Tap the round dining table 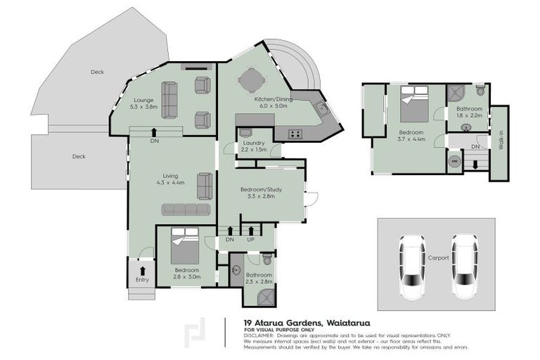(x=250, y=82)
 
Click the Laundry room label (x=253, y=142)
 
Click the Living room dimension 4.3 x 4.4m (x=171, y=183)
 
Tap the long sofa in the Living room (x=186, y=210)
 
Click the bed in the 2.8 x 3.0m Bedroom (x=186, y=246)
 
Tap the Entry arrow (x=143, y=270)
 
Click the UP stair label (x=250, y=239)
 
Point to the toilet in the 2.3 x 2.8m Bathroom (x=266, y=259)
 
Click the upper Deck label (x=97, y=72)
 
